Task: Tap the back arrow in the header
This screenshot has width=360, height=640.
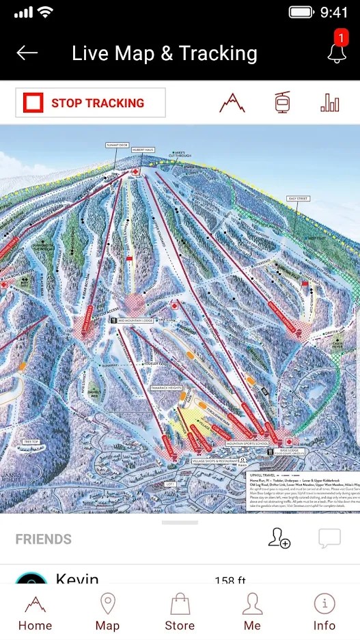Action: coord(27,53)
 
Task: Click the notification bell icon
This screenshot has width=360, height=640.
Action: coord(337,53)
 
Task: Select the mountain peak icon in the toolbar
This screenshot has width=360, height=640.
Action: coord(232,103)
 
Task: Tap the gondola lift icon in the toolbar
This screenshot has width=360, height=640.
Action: coord(281,103)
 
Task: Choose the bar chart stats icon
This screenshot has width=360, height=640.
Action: coord(330,103)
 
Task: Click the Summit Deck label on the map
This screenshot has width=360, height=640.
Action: coord(117,145)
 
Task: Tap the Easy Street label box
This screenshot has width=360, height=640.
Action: coord(298,198)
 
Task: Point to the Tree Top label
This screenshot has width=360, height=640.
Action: coord(31,442)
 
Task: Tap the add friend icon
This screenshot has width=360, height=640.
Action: coord(279,539)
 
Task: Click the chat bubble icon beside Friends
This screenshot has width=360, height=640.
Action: coord(329,539)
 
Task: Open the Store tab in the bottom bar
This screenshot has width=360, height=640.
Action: coord(180,613)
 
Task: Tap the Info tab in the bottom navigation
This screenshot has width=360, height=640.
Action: coord(324,613)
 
